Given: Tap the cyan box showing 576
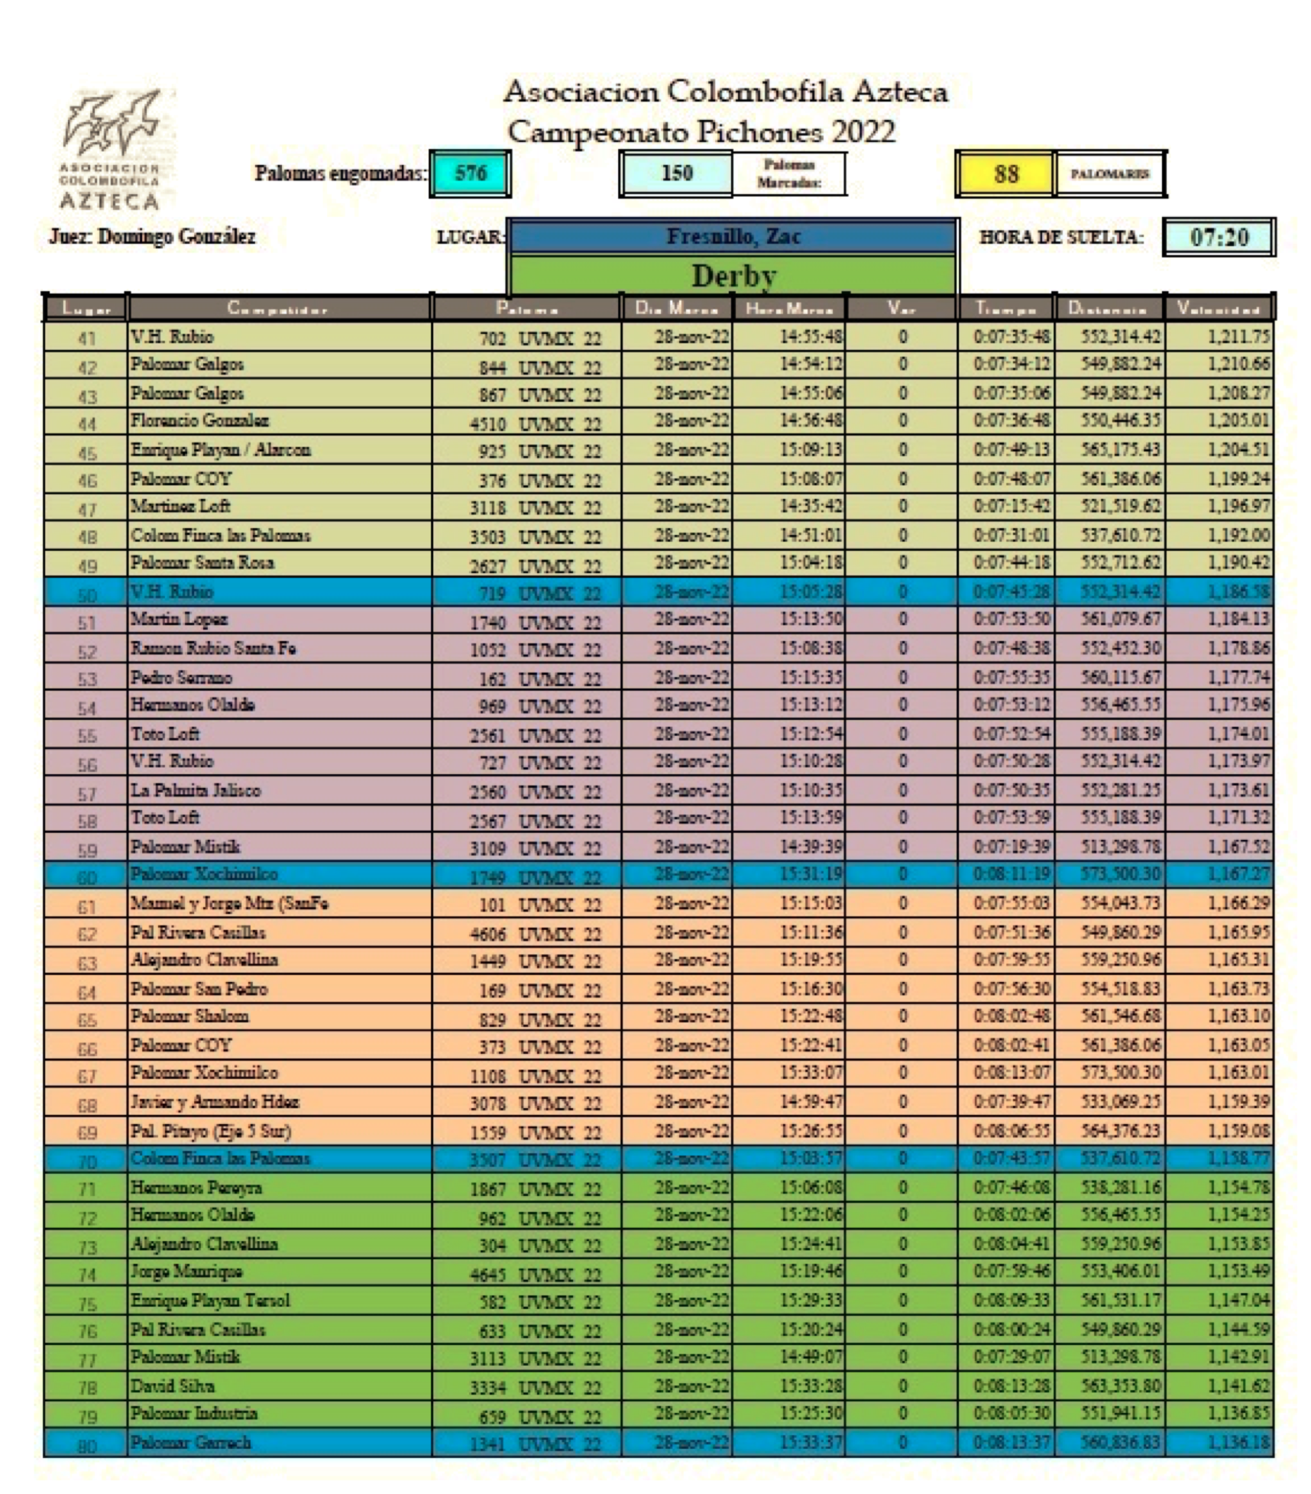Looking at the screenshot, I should (x=470, y=173).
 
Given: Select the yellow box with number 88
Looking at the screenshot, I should (x=1005, y=173).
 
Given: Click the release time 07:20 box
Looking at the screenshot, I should (x=1219, y=237).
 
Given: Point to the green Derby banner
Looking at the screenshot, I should (x=733, y=275).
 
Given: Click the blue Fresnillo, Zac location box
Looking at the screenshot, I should (x=733, y=237).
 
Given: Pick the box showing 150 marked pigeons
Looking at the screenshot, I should (x=676, y=173).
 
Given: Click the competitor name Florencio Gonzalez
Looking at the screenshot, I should (x=199, y=421).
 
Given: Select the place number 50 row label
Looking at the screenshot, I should (x=87, y=594).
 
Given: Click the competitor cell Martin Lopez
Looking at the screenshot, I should (x=179, y=620).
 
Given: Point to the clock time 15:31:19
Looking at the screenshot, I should (x=811, y=874).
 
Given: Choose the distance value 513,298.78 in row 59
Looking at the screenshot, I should (x=1120, y=847).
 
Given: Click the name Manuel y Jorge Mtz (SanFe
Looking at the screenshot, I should (x=229, y=904).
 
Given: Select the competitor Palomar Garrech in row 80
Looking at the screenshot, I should (x=190, y=1443).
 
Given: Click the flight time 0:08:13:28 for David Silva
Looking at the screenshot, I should (x=1011, y=1386).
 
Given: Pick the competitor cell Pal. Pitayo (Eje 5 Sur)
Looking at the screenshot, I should (x=210, y=1131).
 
